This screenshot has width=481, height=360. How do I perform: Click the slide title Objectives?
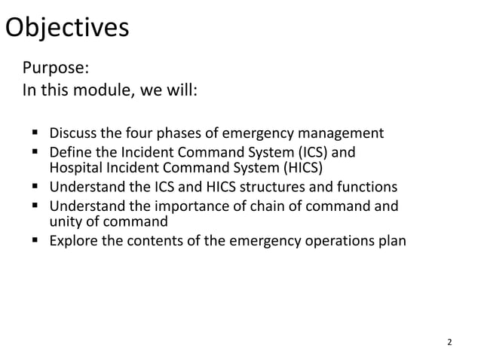pos(67,28)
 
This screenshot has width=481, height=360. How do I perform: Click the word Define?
pos(71,154)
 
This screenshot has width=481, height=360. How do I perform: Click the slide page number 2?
pos(450,343)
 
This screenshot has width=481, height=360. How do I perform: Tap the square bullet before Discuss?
pos(35,135)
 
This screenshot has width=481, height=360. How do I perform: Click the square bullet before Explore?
pos(35,242)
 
